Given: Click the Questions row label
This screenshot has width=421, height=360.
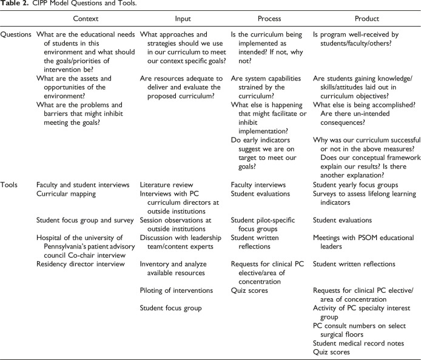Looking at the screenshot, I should [x=16, y=35].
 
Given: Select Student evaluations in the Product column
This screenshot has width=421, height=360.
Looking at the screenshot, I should [x=343, y=220].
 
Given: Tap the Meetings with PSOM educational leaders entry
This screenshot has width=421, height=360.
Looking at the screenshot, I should [x=355, y=242].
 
